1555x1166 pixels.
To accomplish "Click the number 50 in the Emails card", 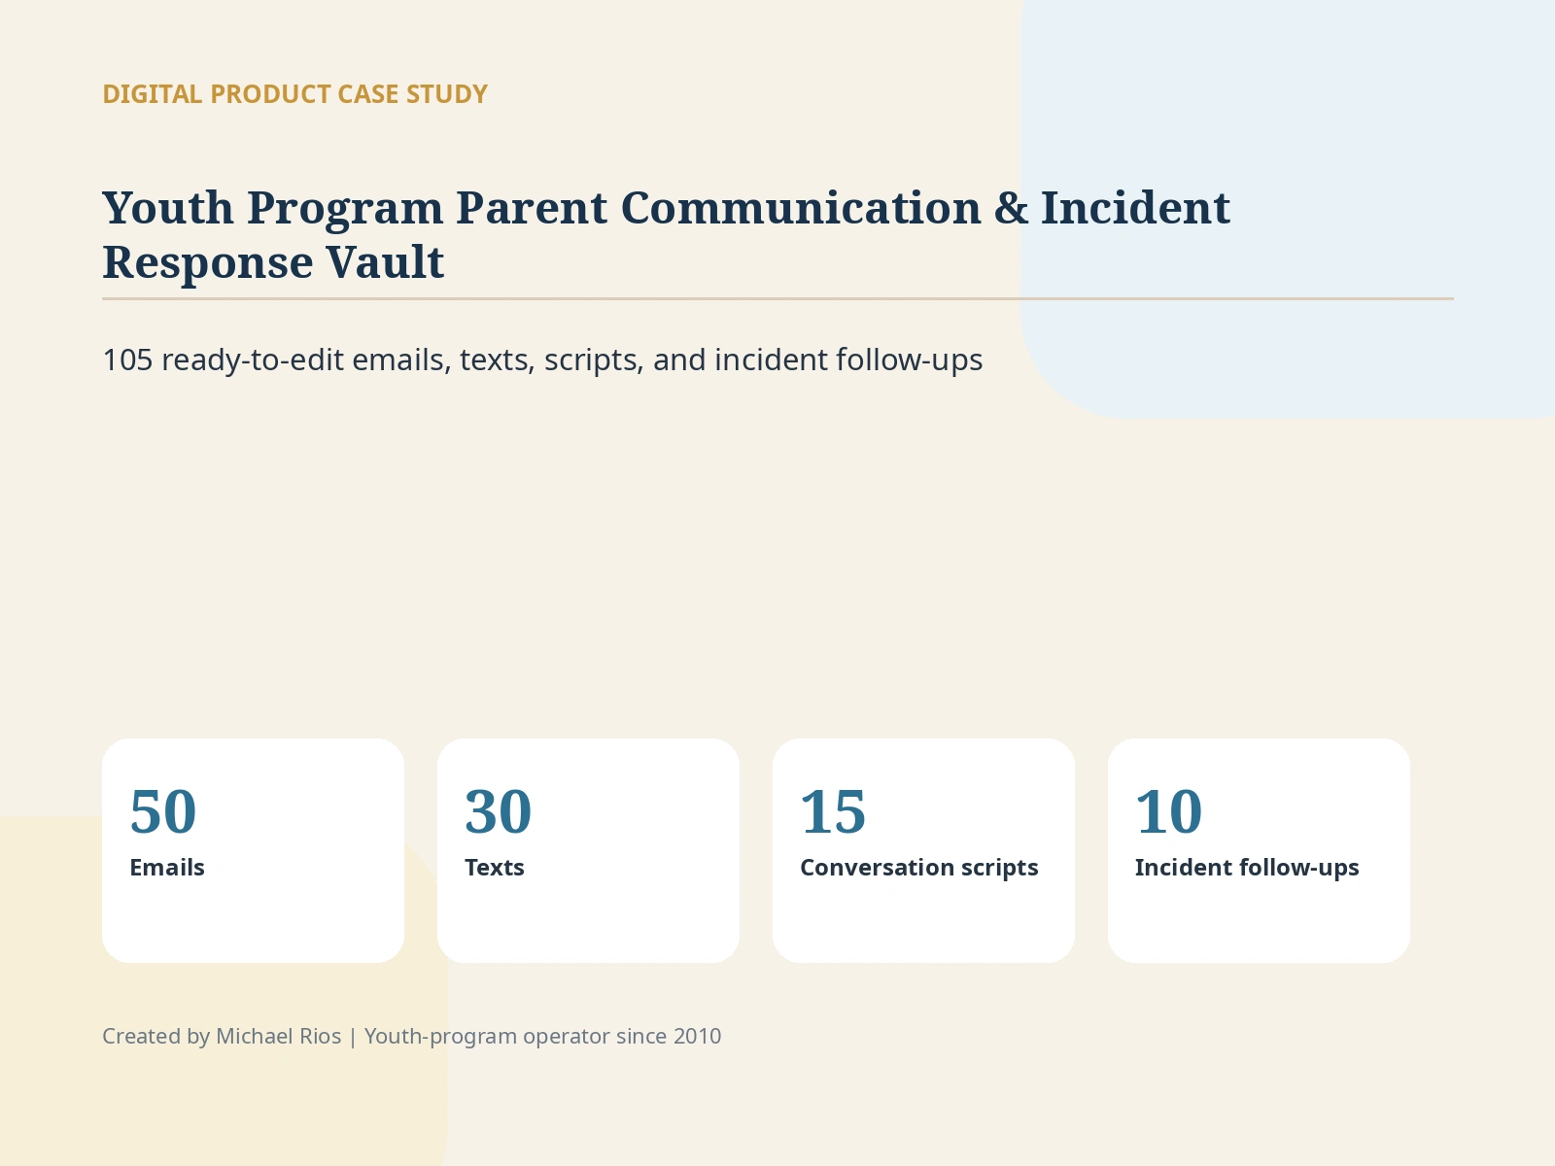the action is (163, 811).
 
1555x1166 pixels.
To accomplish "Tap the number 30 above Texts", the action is (498, 811).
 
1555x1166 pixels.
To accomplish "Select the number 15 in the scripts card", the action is (833, 811).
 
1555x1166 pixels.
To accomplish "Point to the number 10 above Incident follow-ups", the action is (1169, 811).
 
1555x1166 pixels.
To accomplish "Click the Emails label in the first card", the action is (167, 868).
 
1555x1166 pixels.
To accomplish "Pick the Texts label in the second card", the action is (495, 868).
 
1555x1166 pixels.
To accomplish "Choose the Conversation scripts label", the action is (918, 868).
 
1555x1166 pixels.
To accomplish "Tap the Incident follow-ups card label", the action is (1247, 868).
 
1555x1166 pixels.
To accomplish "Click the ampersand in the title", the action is (1011, 208).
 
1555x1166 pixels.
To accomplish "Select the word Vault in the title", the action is (385, 262).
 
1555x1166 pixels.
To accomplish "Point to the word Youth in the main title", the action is (168, 208).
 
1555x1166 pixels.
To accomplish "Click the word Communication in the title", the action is (801, 208).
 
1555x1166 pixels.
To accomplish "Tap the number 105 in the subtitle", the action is (127, 360).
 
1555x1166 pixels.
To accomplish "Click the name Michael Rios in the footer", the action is (278, 1037).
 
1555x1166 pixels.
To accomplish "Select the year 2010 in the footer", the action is (697, 1037).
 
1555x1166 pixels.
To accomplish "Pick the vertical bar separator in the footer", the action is (353, 1037).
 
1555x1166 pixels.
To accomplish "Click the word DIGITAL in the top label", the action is (153, 94).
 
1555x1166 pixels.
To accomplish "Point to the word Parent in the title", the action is (532, 208).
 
